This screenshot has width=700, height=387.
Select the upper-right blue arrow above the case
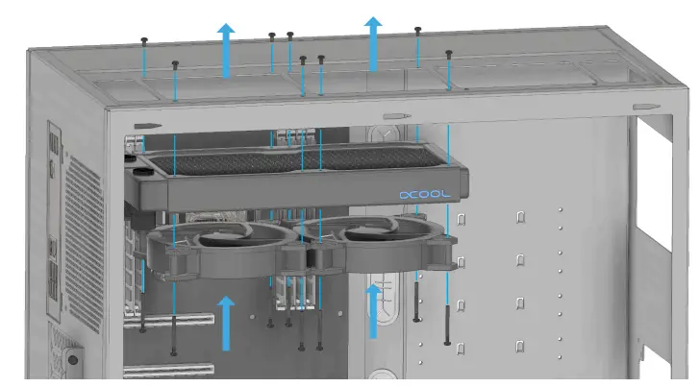coord(373,43)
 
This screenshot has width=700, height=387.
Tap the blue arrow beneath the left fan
coord(226,323)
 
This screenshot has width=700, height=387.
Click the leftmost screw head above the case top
coord(144,40)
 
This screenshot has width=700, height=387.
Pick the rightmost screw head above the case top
coord(448,54)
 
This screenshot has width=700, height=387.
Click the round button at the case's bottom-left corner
coord(72,362)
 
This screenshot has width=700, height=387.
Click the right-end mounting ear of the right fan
coord(445,252)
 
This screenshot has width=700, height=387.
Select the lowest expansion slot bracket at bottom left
coord(168,370)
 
